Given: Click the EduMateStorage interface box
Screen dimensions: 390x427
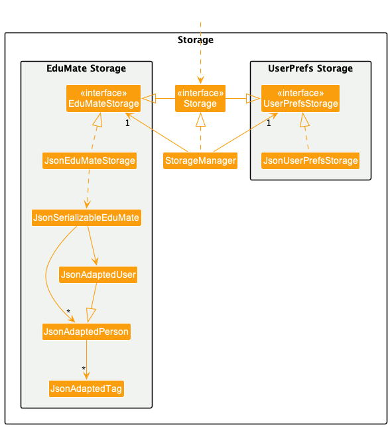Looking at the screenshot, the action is point(103,98).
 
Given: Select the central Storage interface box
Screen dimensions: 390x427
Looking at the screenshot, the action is point(200,98).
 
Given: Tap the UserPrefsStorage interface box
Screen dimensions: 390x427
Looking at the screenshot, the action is point(300,98).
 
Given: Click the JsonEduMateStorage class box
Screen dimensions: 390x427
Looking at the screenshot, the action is point(90,160).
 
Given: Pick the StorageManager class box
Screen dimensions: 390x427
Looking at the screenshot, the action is point(200,160).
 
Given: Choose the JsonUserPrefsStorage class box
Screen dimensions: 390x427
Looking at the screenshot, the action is point(310,160).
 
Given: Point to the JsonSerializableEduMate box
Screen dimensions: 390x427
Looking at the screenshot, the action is point(86,217).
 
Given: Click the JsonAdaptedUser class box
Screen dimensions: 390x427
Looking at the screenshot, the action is point(98,274).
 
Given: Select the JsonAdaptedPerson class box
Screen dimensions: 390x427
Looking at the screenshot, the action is point(86,332).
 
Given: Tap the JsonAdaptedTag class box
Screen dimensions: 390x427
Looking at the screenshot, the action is point(86,389).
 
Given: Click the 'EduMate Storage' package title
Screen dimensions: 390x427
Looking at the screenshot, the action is point(86,68).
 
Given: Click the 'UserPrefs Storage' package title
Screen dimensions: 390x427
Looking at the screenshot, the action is point(310,68).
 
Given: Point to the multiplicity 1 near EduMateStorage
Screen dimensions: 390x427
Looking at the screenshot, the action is point(127,123).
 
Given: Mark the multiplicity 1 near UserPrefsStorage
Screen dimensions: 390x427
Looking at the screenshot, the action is point(269,123).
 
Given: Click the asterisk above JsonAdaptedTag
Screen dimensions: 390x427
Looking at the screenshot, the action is point(84,369).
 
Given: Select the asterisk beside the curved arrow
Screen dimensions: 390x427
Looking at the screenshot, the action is point(68,311).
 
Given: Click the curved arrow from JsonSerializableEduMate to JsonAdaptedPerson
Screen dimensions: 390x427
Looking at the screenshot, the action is point(46,275).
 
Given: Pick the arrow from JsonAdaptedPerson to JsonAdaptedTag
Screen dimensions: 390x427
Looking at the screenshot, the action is point(87,360).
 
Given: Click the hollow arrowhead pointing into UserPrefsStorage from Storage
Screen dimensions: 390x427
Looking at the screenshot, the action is point(253,98).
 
